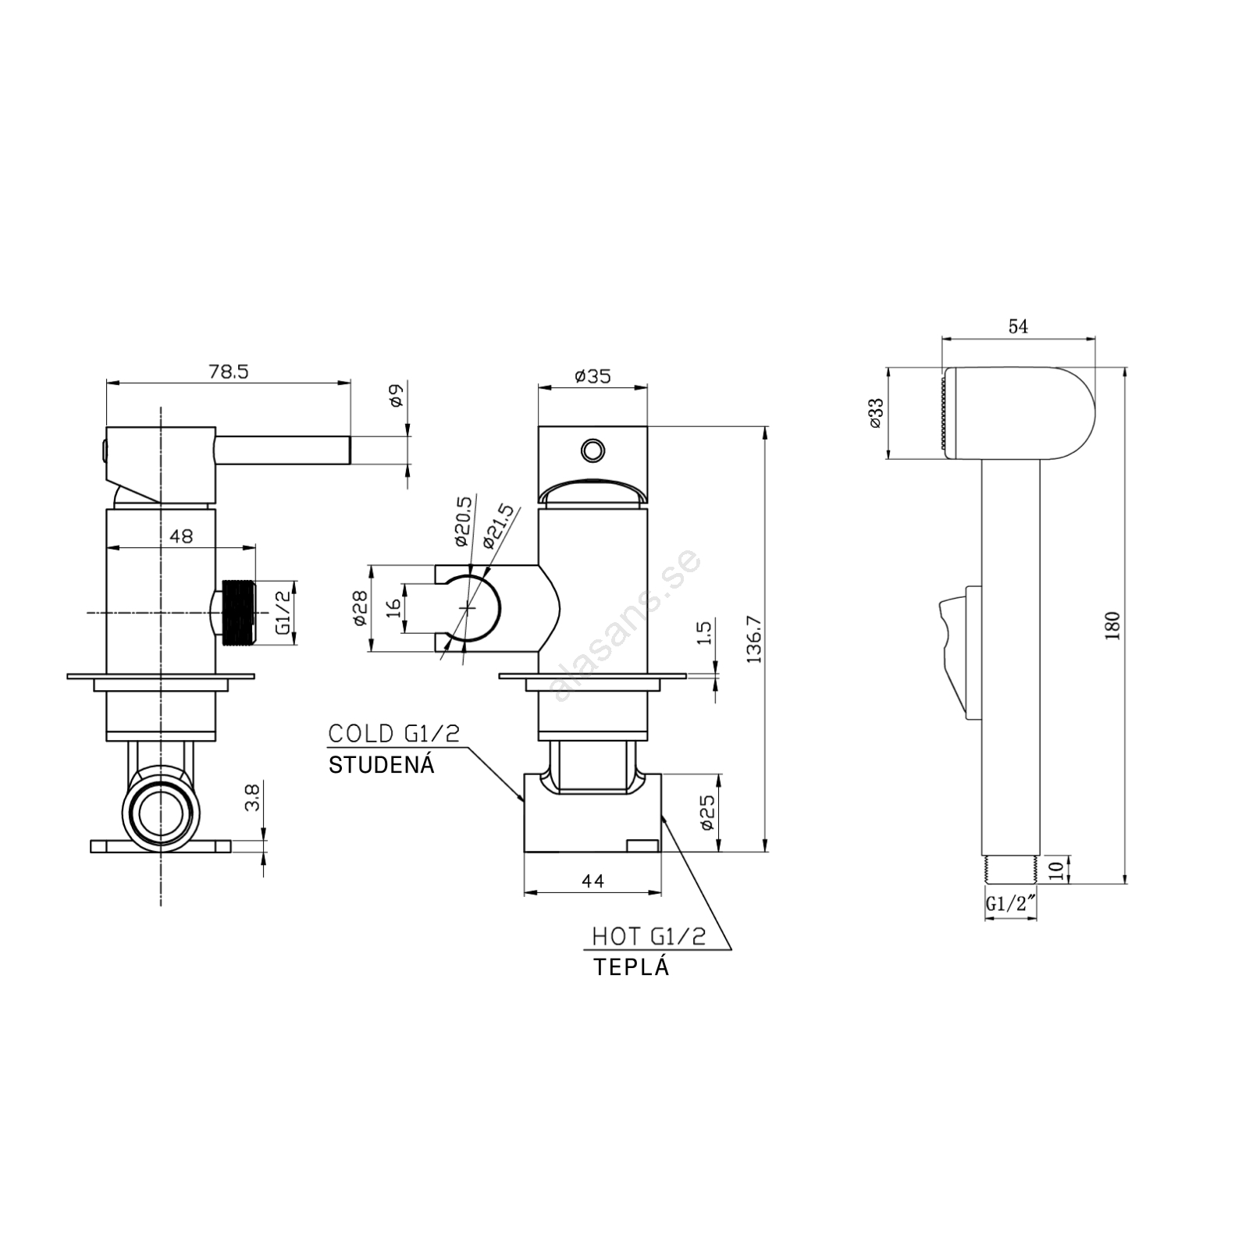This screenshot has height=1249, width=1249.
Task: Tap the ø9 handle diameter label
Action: tap(395, 396)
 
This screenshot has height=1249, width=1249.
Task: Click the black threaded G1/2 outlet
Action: tap(239, 613)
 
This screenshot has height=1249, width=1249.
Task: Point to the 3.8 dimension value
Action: tap(252, 797)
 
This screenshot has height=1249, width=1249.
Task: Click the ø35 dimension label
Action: tap(592, 376)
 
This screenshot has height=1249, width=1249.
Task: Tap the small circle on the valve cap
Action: tap(592, 450)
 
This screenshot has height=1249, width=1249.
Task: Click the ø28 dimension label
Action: tap(360, 607)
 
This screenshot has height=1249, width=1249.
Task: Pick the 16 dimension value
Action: tap(393, 607)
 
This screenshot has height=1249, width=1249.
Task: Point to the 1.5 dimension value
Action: tap(705, 632)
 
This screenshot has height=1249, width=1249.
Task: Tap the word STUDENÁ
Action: tap(381, 763)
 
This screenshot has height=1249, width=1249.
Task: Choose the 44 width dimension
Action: tap(593, 881)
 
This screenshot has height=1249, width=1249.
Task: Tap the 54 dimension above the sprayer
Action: tap(1018, 326)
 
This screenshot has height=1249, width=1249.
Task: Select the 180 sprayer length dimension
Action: tap(1113, 625)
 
